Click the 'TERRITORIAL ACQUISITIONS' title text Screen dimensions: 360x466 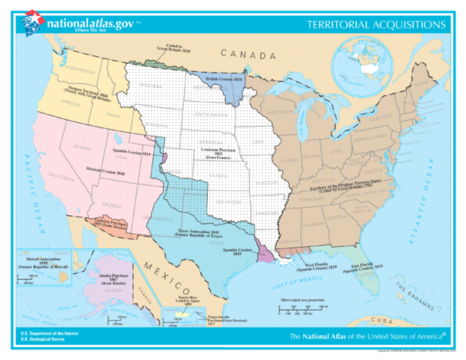tap(376, 25)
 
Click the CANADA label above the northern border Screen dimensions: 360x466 tap(248, 55)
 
